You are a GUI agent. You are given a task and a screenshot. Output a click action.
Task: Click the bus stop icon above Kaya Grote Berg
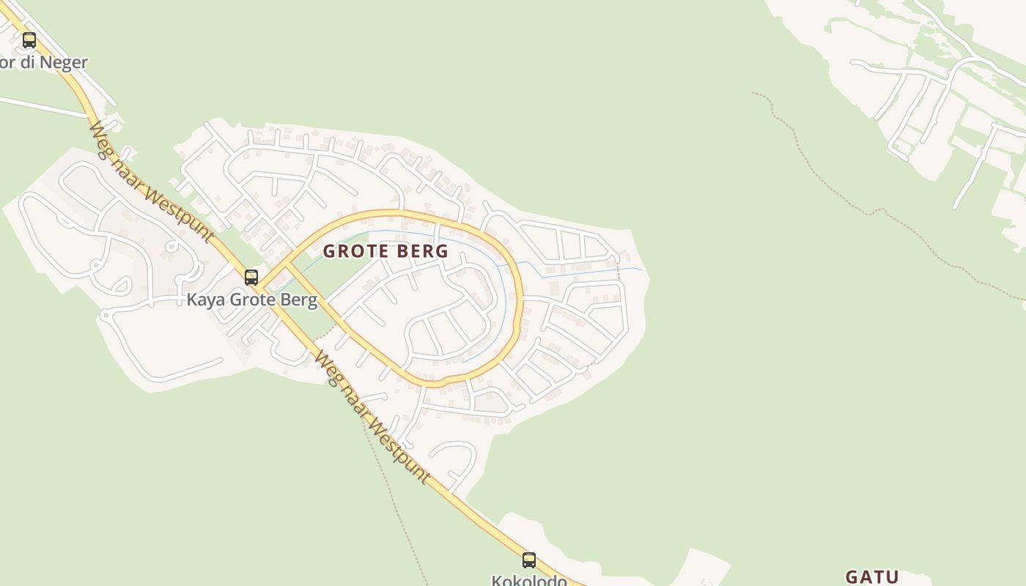251,277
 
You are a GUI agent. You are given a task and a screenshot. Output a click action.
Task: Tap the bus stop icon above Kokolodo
529,560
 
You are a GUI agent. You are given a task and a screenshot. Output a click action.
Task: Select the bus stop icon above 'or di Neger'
29,40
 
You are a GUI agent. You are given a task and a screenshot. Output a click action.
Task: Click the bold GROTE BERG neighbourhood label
385,251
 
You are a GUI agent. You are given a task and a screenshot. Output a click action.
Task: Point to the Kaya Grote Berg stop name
251,300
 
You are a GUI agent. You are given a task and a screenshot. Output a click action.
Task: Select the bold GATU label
872,576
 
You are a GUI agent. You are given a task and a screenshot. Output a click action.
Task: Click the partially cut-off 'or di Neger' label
44,62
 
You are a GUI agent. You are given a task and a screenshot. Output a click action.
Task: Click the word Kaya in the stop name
205,300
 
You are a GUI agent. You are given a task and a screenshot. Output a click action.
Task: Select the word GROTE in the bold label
354,251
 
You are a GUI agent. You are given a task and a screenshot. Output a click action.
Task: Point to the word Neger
64,62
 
